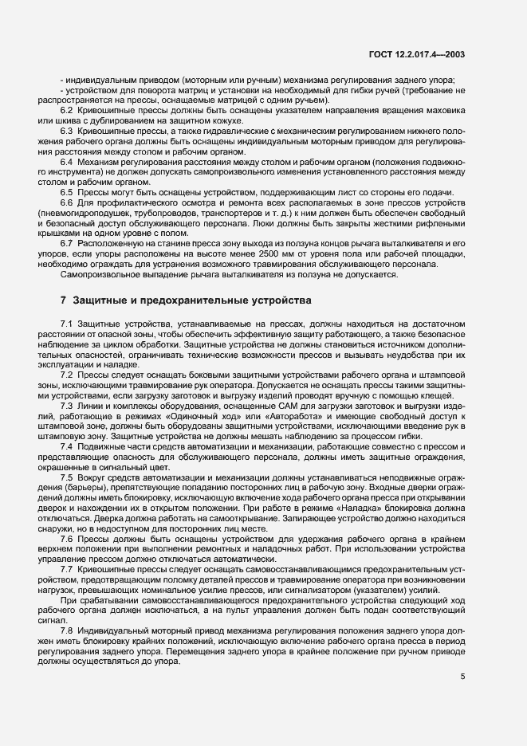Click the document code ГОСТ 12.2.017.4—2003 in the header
(x=427, y=54)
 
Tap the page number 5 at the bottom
(x=463, y=677)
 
